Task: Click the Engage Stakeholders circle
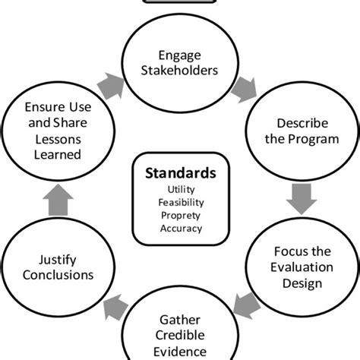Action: click(x=179, y=62)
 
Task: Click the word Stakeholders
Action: click(x=179, y=71)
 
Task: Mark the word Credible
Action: click(x=179, y=336)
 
